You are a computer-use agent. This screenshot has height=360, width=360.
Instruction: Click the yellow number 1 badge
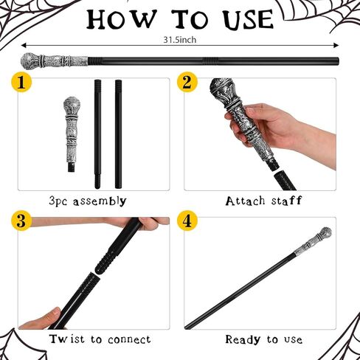click(21, 82)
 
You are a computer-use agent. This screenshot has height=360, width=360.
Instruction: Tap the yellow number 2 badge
click(187, 82)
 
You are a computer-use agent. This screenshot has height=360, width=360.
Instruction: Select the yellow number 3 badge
click(21, 221)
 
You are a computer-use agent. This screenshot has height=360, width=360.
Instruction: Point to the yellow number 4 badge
click(187, 221)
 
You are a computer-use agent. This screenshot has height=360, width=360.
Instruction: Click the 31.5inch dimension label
click(180, 40)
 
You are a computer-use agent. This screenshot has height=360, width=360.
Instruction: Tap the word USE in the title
click(249, 19)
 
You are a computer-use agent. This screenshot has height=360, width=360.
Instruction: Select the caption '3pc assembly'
click(88, 201)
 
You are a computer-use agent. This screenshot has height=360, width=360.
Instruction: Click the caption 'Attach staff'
click(263, 201)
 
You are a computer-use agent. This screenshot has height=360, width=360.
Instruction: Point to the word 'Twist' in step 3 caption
click(67, 339)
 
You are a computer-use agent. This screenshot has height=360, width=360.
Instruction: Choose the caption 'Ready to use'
click(264, 339)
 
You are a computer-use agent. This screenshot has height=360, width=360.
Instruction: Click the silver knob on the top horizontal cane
click(30, 61)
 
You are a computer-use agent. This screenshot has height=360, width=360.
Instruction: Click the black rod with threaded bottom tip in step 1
click(97, 134)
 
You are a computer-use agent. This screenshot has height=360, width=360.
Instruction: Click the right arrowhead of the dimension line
click(336, 45)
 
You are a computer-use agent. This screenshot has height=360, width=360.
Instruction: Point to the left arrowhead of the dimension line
click(24, 45)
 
